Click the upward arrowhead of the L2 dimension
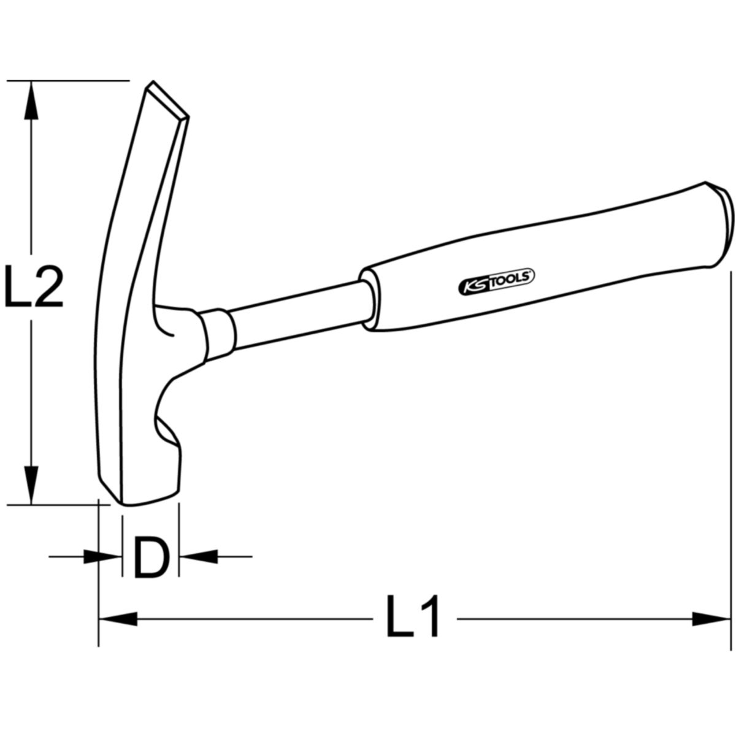[x=31, y=101]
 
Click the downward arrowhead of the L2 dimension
[x=31, y=485]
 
